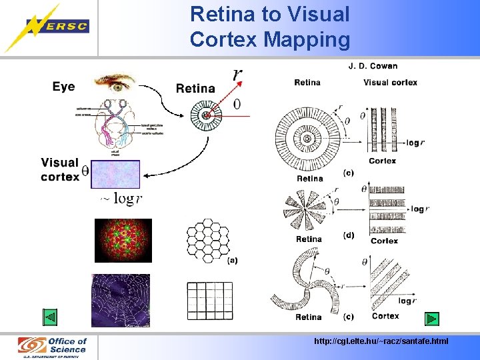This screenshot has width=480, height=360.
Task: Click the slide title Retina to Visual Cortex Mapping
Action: pos(269,27)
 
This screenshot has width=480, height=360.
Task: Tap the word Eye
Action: pos(63,87)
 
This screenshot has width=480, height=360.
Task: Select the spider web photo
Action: pos(120,300)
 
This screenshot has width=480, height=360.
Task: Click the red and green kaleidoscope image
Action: pos(123,240)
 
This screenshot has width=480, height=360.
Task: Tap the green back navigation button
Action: pos(51,317)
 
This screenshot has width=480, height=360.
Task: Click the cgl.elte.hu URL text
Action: pos(381,341)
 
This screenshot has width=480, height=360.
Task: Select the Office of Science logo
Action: pos(53,347)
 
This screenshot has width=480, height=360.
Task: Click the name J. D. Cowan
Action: pos(373,66)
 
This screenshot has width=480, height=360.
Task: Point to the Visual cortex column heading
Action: pos(390,83)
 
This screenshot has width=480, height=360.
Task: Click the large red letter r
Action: pos(237,73)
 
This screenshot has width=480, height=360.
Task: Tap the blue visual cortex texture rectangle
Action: pos(115,178)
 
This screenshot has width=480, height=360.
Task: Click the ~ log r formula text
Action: pos(121,199)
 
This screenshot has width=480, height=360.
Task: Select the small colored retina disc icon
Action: pos(208,115)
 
